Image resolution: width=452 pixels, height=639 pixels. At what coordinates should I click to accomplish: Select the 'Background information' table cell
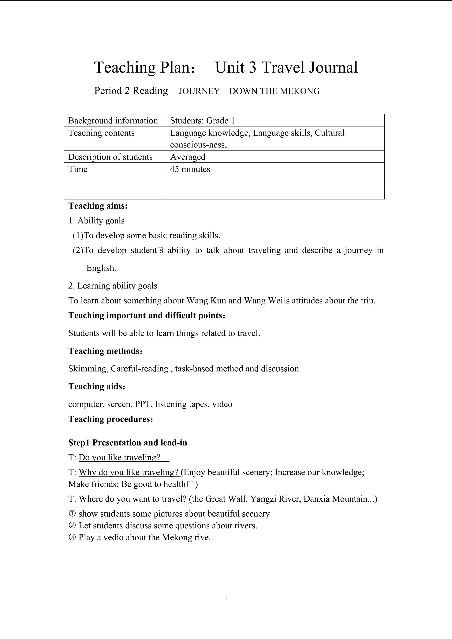(113, 121)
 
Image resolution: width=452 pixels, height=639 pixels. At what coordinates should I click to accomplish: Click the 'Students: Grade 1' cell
(202, 121)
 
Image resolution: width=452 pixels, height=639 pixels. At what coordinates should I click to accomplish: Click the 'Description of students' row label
(110, 157)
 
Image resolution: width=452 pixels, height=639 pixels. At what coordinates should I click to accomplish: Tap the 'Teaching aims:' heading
(98, 206)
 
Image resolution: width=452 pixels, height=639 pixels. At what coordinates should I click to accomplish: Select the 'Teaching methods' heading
(105, 351)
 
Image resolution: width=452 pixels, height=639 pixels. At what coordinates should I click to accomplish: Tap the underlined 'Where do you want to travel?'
(133, 499)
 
